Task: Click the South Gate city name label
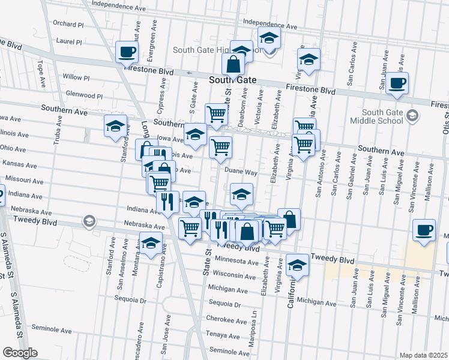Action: [x=232, y=80]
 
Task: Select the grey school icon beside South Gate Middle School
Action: [x=412, y=115]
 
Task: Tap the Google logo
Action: [x=20, y=352]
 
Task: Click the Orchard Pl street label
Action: [x=68, y=24]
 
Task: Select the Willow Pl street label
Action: [x=76, y=78]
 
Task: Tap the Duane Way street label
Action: [x=241, y=172]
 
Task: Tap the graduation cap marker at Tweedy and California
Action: [x=297, y=263]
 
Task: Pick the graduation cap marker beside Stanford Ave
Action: [x=115, y=125]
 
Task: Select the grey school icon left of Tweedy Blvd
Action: [x=89, y=222]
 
